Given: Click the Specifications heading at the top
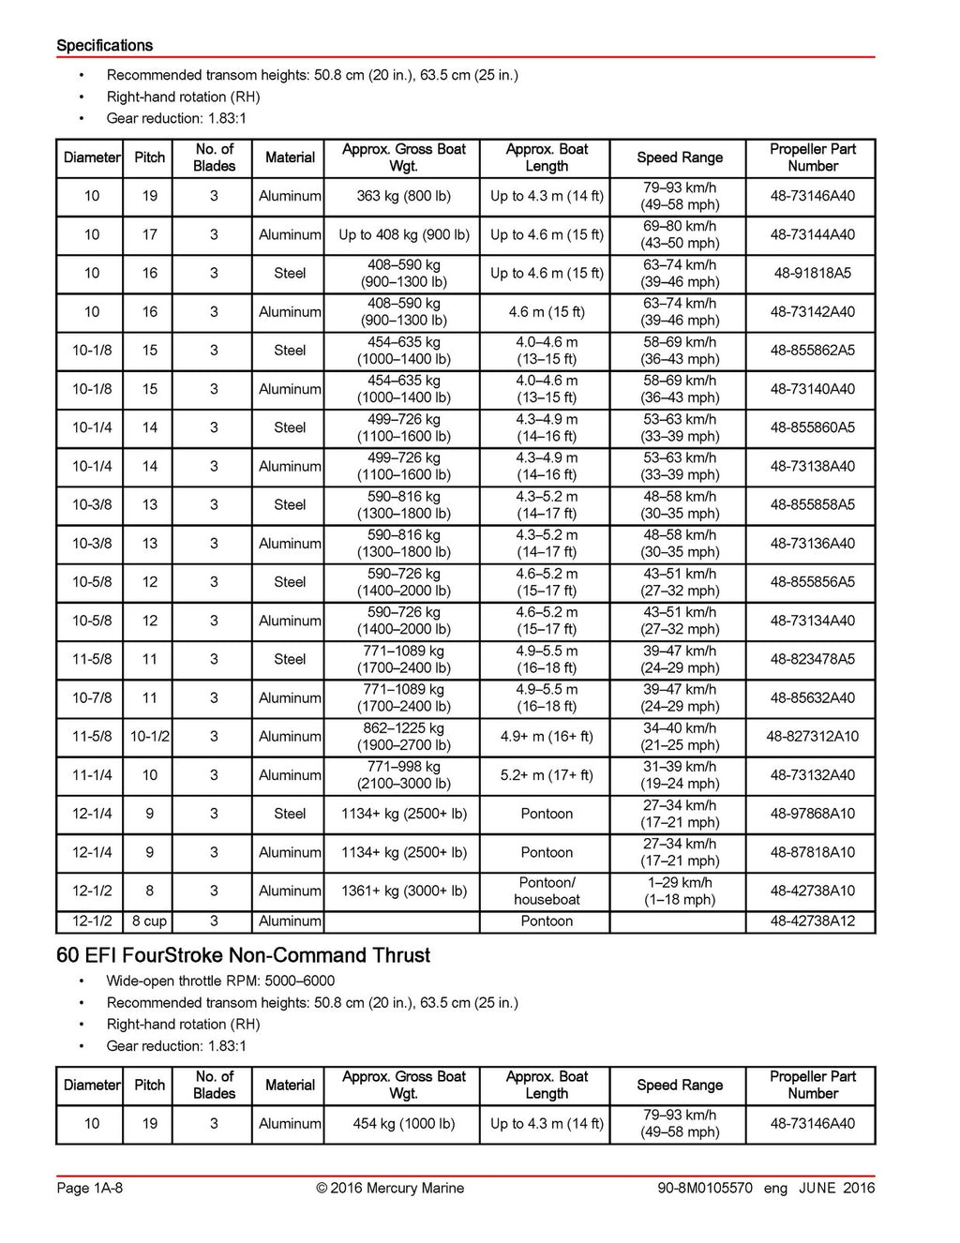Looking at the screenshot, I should [x=104, y=45].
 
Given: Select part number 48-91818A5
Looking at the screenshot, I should [x=812, y=273].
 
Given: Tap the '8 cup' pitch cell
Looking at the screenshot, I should [x=149, y=921].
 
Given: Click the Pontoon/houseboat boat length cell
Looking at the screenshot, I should [x=547, y=891].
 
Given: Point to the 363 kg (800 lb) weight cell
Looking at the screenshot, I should [x=403, y=196].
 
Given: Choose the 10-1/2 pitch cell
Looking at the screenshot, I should [x=149, y=736].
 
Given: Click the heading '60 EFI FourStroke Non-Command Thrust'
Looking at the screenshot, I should [x=243, y=955].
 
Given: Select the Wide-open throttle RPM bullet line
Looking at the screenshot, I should [x=220, y=981].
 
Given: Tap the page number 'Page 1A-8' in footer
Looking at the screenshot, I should [x=89, y=1188].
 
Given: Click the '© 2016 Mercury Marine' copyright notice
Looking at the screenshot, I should [x=390, y=1188].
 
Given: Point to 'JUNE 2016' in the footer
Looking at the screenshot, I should [x=836, y=1188].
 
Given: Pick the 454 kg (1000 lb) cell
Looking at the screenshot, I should [x=403, y=1123].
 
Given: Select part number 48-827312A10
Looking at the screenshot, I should [x=812, y=736].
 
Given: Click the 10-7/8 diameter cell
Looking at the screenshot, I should [x=92, y=697].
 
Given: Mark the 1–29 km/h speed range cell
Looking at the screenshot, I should [x=680, y=891].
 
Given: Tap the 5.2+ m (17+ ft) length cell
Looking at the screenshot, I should [x=547, y=774].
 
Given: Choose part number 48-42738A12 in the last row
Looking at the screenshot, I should [x=812, y=921].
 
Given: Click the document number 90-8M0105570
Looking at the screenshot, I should [x=705, y=1188].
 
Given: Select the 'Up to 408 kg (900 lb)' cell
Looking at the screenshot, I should [x=403, y=234].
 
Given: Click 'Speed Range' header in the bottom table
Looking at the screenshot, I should [x=680, y=1085].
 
